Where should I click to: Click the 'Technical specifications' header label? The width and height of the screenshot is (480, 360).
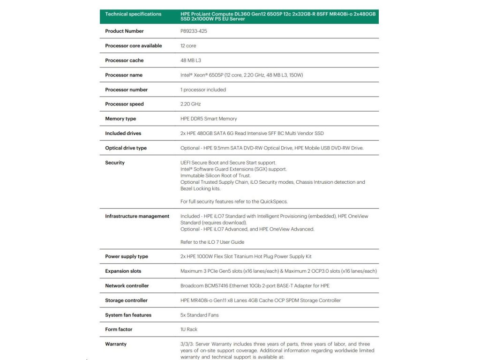[133, 14]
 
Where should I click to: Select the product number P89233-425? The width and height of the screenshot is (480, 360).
[194, 31]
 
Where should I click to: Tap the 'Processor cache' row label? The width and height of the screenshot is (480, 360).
[124, 60]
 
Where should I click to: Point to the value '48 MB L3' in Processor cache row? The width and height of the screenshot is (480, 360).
[191, 60]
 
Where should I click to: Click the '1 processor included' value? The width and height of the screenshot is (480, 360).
[203, 90]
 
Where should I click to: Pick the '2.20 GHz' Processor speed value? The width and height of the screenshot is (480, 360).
[190, 104]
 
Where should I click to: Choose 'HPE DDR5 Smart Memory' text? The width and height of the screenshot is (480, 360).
[209, 119]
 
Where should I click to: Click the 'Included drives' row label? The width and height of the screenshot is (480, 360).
[123, 133]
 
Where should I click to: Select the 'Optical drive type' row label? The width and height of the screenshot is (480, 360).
[126, 148]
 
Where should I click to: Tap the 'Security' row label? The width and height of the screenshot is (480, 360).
[115, 163]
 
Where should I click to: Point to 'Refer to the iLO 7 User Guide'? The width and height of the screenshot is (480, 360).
[212, 242]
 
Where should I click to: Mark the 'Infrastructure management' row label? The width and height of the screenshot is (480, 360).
[137, 216]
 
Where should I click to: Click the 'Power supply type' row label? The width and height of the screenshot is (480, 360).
[126, 256]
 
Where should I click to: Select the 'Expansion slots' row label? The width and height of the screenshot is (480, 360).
[123, 271]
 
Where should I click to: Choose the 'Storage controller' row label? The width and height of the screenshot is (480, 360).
[126, 300]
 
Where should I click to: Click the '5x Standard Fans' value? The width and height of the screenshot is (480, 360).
[199, 315]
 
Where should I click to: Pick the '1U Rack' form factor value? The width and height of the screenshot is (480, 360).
[189, 330]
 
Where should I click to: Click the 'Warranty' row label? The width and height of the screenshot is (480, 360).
[116, 344]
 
